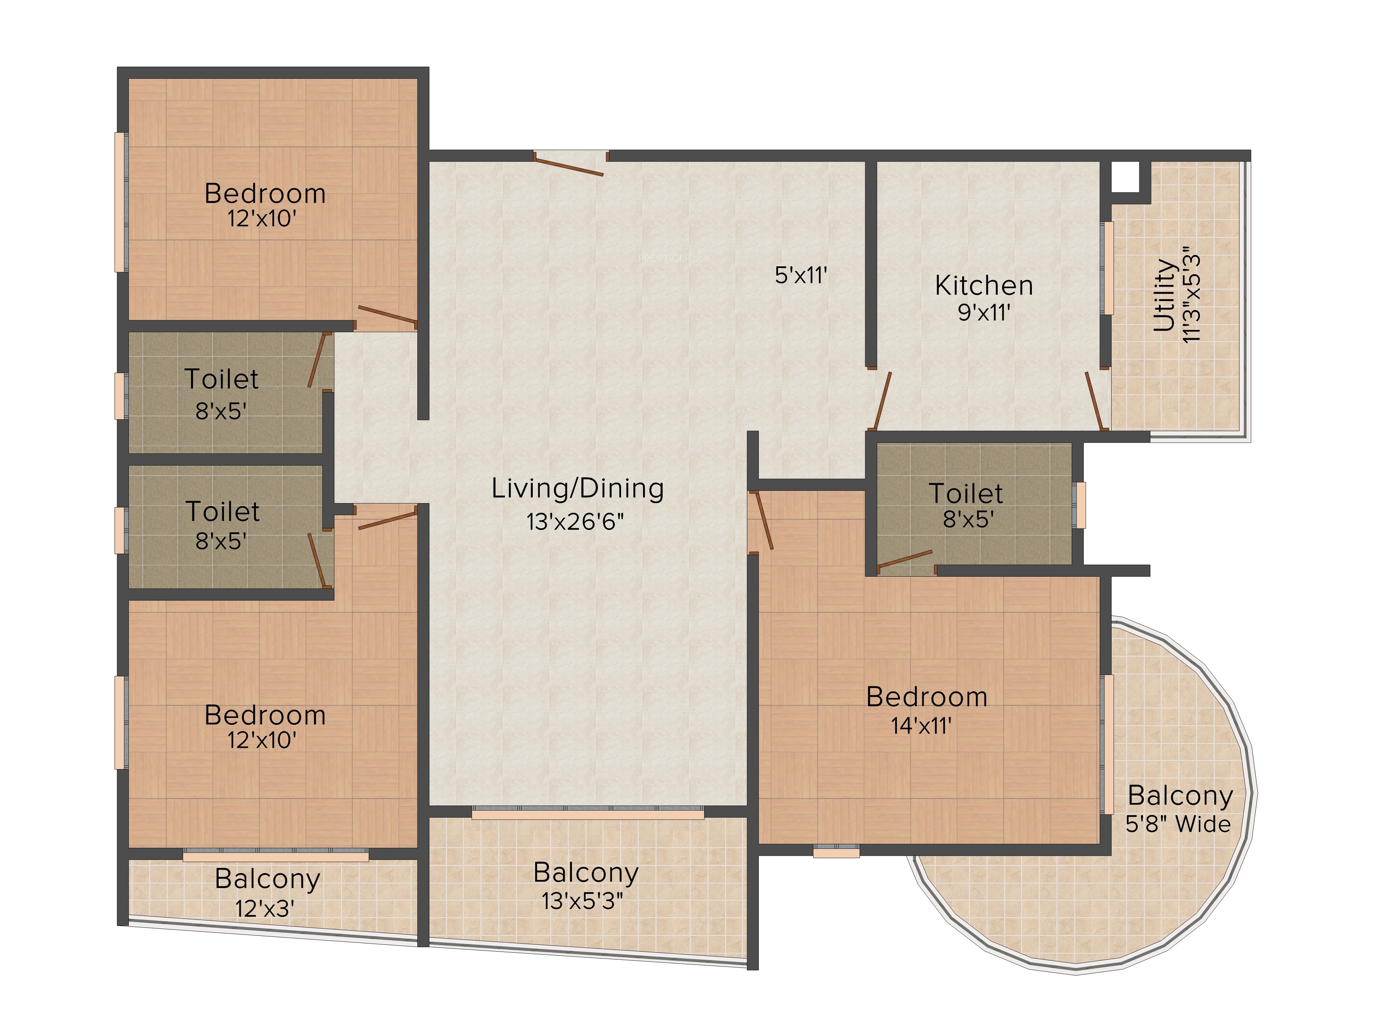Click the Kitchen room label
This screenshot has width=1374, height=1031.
point(984,286)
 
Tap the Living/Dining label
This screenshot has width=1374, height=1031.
point(578,489)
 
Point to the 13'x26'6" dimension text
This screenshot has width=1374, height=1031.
point(575,521)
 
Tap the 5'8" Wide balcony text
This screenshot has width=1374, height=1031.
point(1178,824)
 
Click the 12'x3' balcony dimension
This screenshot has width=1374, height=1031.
point(264,909)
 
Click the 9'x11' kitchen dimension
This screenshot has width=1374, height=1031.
point(984,312)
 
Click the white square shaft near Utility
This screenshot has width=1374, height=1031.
point(1125,177)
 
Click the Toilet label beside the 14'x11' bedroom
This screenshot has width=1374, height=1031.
point(966,494)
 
